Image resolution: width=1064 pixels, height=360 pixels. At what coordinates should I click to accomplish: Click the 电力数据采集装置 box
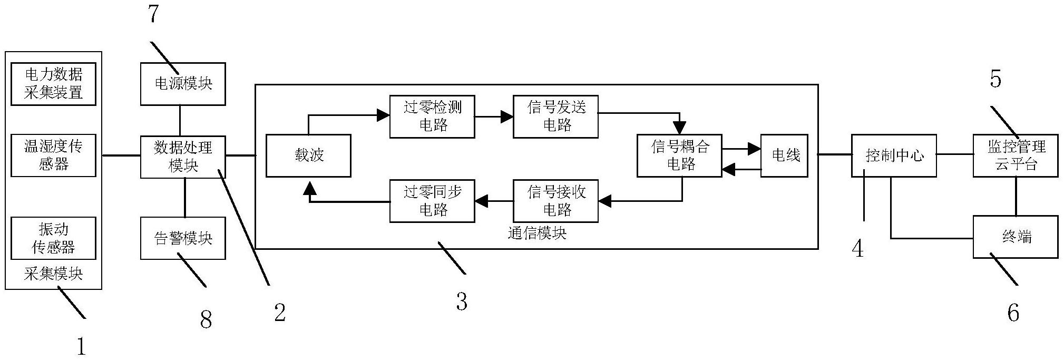tap(53, 84)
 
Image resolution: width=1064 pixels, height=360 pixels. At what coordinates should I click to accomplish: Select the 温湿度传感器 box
tap(53, 155)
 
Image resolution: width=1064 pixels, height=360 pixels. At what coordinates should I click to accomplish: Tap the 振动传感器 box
tap(53, 238)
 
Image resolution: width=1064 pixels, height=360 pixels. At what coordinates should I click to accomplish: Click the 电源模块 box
tap(183, 84)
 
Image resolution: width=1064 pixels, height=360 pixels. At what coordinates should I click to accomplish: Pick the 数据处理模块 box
tap(183, 157)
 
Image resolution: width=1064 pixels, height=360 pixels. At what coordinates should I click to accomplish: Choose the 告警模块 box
tap(183, 238)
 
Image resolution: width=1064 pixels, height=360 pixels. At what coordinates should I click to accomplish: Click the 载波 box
tap(308, 155)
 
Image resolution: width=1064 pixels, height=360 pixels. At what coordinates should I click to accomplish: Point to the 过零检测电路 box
tap(432, 116)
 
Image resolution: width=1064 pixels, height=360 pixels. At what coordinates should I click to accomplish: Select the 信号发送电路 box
tap(556, 116)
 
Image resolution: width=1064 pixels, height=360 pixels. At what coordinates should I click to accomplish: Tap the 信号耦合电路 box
tap(680, 155)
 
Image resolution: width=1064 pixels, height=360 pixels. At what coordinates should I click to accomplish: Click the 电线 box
tap(784, 155)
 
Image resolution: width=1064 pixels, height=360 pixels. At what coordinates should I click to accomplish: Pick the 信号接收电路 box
tap(556, 201)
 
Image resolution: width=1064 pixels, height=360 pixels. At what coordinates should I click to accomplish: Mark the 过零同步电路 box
tap(432, 201)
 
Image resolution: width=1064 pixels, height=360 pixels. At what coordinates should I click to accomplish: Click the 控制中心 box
tap(894, 155)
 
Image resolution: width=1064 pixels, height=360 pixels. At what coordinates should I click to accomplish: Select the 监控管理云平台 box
tap(1016, 155)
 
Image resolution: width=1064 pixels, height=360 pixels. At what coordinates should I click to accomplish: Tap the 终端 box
tap(1016, 237)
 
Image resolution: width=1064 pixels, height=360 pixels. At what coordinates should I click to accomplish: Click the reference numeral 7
tap(153, 14)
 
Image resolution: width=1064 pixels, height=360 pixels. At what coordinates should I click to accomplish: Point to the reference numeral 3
tap(462, 302)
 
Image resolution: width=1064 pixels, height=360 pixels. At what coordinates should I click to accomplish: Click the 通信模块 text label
tap(537, 233)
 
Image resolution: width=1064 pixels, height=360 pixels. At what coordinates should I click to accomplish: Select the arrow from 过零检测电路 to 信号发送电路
tap(494, 116)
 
